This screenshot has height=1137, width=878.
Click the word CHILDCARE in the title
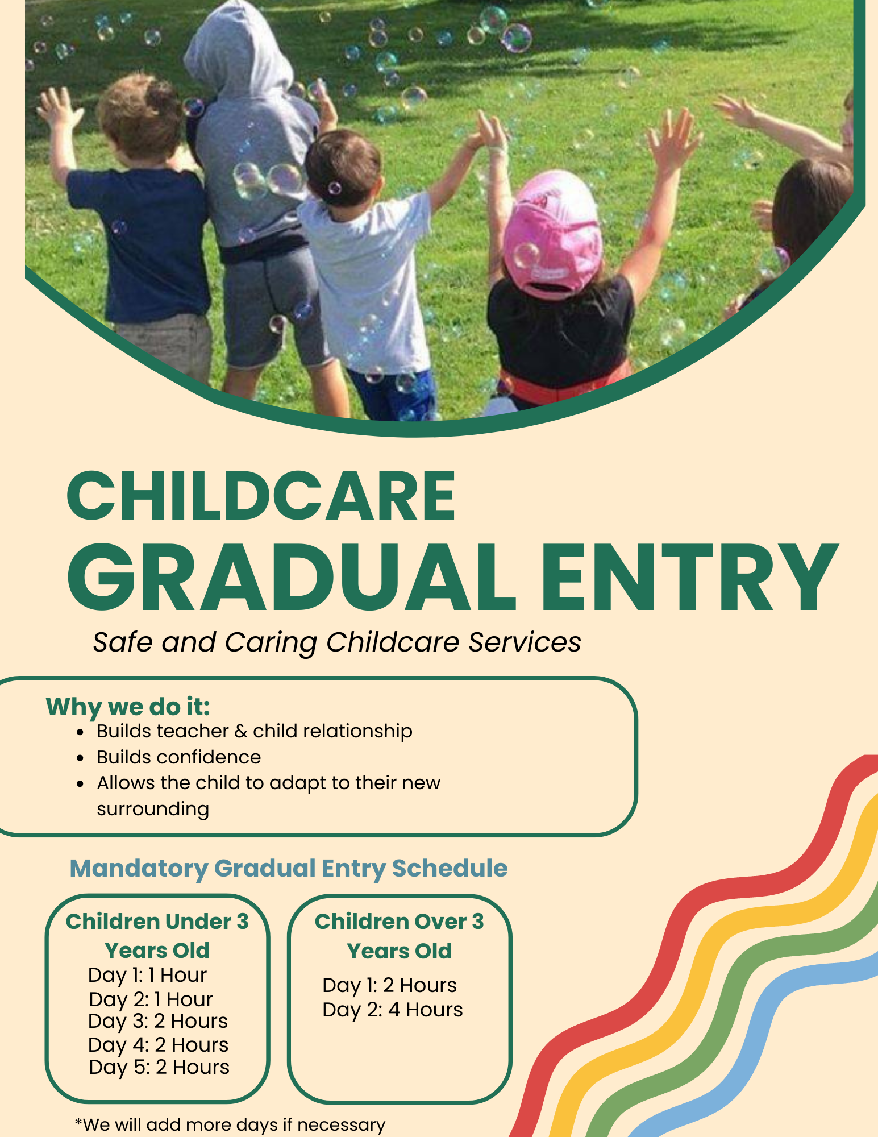pos(261,496)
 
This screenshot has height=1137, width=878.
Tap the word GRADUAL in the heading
pos(292,577)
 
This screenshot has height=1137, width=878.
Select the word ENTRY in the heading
pos(689,577)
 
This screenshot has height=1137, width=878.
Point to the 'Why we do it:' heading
pos(128,707)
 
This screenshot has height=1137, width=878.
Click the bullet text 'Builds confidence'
pos(179,757)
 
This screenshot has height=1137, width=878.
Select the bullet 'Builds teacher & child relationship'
pos(255,731)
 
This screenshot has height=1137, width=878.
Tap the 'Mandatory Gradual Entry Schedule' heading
pos(289,869)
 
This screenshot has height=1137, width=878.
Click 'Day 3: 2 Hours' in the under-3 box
pos(158,1022)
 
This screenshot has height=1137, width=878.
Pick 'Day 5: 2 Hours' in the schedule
pos(159,1068)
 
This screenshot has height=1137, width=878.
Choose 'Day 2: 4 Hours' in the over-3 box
pos(393,1010)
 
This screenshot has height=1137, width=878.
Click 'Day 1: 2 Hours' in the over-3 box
pos(390,985)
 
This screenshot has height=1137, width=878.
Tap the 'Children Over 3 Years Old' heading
pos(400,936)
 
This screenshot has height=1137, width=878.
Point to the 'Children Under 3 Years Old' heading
pos(157,936)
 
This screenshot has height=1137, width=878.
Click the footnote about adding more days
pos(230,1124)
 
